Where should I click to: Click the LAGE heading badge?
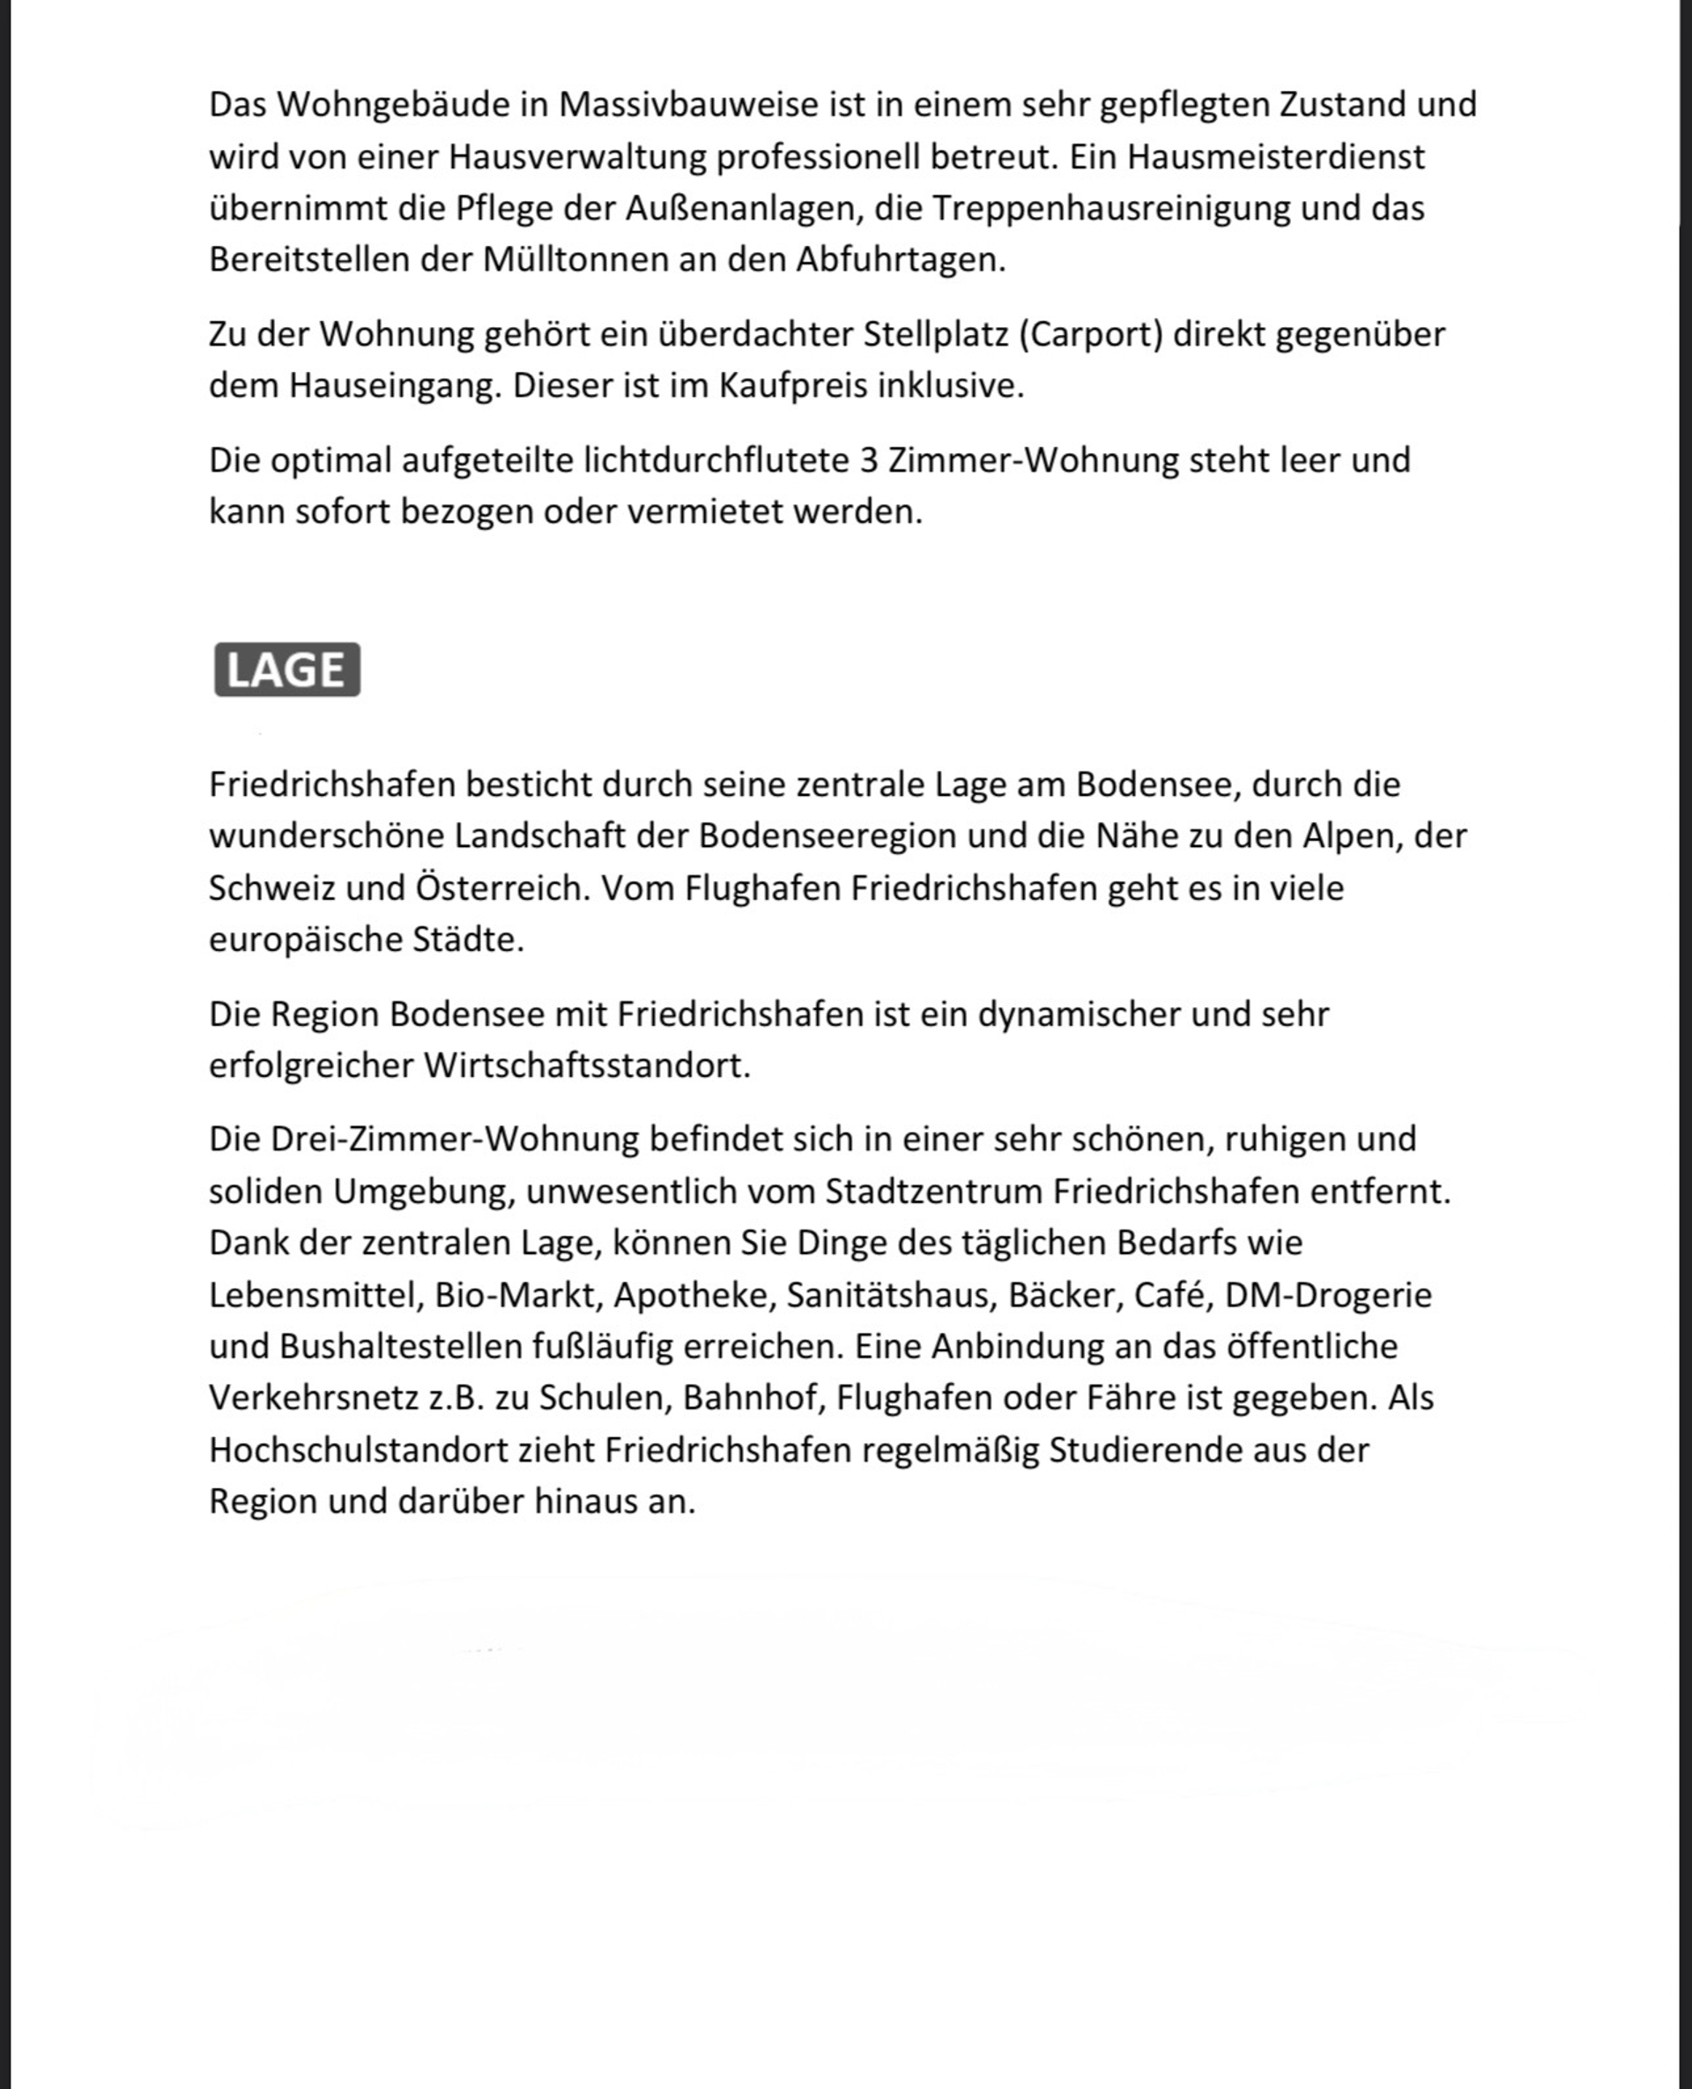point(286,670)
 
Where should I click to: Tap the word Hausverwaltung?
point(577,157)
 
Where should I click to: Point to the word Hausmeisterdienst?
point(1276,157)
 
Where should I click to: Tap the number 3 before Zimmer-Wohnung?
point(870,460)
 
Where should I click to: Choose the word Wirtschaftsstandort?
point(587,1066)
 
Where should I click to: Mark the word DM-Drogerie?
point(1327,1295)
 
